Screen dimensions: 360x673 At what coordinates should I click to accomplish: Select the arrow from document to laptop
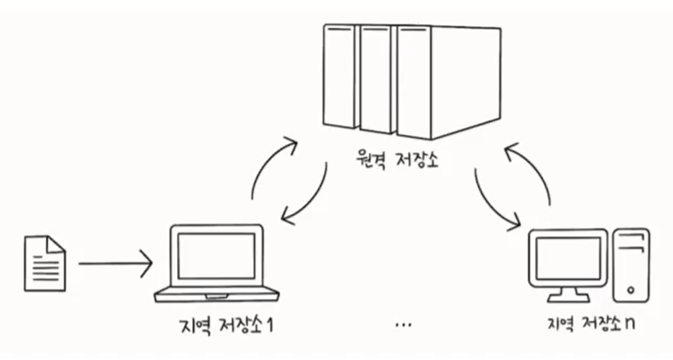click(x=115, y=264)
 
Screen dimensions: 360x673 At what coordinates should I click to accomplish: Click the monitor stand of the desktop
click(x=567, y=293)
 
